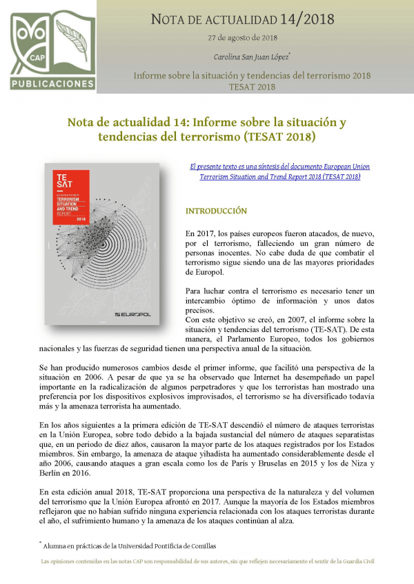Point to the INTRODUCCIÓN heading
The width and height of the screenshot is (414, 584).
coord(216,211)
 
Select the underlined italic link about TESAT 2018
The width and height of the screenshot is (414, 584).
coord(275,171)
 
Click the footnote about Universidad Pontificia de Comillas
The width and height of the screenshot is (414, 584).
coord(124,545)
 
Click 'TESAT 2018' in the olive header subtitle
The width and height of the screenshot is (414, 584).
coord(252,87)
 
